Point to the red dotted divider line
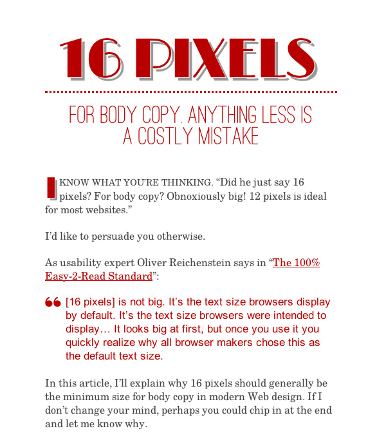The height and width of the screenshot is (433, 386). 191,92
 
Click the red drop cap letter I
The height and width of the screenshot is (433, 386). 51,187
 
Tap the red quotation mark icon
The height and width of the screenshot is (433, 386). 53,303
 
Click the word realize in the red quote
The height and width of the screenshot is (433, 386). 113,342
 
